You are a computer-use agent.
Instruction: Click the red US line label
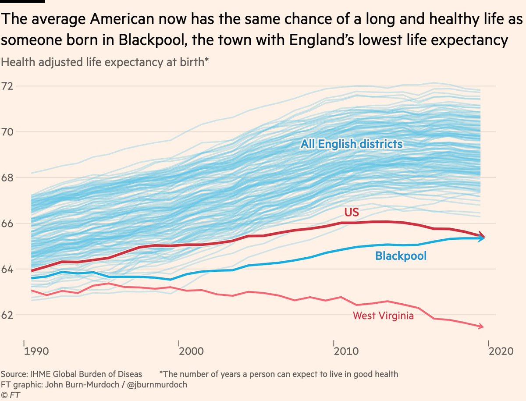click(x=351, y=213)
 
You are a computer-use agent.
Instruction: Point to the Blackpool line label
click(x=401, y=256)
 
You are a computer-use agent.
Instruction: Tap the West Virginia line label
click(x=384, y=316)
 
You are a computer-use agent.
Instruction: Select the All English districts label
click(x=352, y=144)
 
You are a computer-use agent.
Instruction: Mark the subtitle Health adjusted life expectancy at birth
click(x=104, y=62)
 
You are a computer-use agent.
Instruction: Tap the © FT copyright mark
click(x=11, y=395)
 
